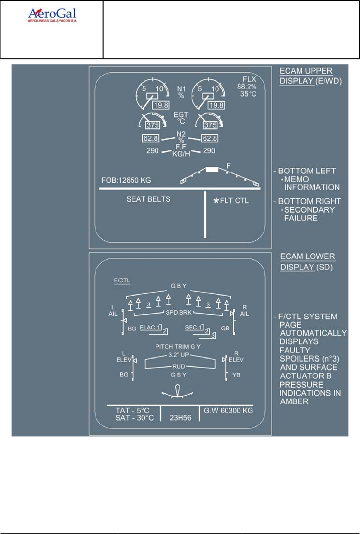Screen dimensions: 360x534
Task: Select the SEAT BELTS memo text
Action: point(148,199)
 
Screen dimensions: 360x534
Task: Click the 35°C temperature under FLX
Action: point(248,94)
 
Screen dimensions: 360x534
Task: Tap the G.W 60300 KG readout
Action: point(228,410)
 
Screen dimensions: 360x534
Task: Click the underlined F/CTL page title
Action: point(122,280)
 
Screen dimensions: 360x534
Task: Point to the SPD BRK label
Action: point(179,312)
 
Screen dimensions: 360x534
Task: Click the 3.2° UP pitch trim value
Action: point(179,355)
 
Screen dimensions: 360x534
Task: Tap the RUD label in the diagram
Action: point(179,367)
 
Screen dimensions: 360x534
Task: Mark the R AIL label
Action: point(244,310)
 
